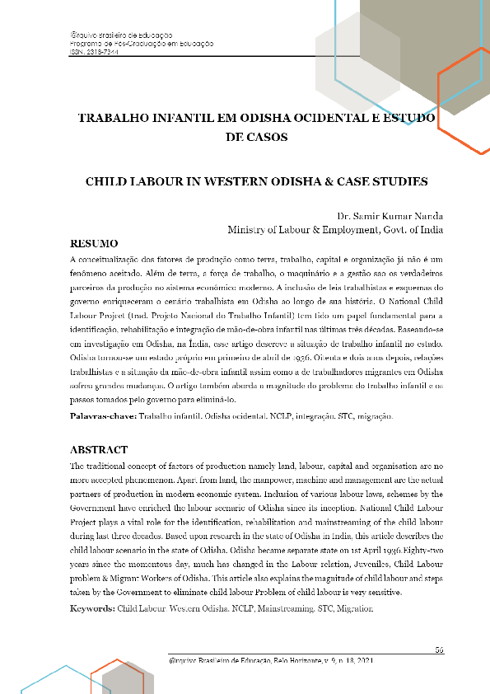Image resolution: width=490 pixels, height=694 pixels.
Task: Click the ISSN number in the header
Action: [x=94, y=50]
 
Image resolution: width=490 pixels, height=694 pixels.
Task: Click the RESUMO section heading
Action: [x=95, y=244]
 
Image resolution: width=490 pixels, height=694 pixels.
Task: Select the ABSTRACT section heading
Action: [x=99, y=450]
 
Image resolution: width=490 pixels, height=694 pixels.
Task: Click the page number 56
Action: [x=440, y=649]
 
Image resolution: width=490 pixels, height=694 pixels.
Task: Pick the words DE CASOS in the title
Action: [x=256, y=138]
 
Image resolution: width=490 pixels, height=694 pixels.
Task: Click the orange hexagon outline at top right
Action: [x=465, y=99]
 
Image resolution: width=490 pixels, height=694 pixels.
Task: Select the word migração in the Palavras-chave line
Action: [x=376, y=417]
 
